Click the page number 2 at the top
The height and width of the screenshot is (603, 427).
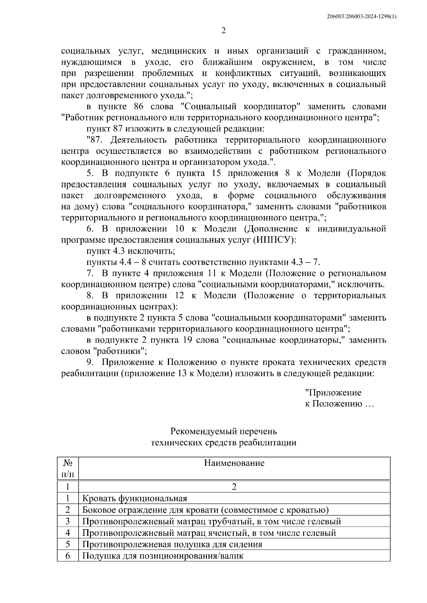tap(223, 31)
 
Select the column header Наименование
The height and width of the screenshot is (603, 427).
tap(234, 463)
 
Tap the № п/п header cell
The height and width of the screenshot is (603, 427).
tap(68, 468)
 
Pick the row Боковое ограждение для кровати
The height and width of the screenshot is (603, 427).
tap(205, 510)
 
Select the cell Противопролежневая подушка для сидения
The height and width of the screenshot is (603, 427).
tap(172, 544)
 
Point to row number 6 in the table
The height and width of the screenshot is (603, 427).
tap(68, 556)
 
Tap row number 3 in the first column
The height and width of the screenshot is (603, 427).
tap(68, 521)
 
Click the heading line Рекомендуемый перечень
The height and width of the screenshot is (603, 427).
tap(223, 431)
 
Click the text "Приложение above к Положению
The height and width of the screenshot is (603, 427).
tap(333, 393)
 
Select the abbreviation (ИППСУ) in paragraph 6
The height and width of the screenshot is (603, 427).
tap(274, 240)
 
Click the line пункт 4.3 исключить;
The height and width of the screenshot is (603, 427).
tap(131, 251)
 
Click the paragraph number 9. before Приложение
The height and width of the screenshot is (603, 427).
tap(91, 362)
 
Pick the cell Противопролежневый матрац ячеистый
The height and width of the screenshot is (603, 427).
tap(209, 533)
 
